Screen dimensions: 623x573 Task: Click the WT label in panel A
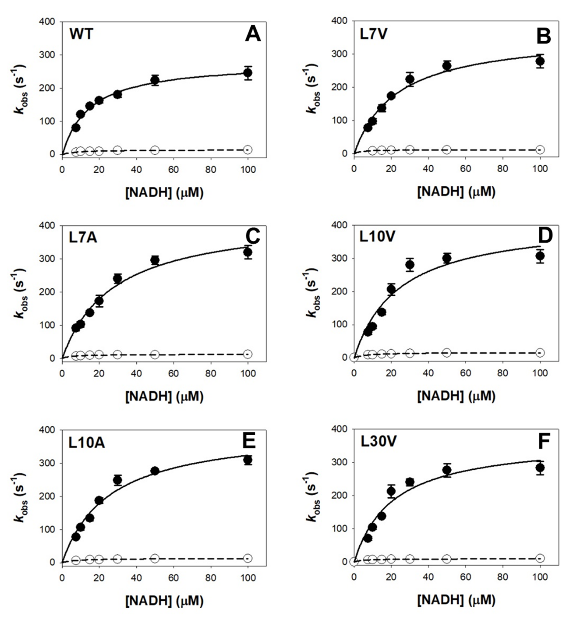81,34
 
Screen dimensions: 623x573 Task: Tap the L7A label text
83,238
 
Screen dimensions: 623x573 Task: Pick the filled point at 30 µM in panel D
410,265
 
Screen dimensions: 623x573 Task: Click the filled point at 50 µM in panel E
155,471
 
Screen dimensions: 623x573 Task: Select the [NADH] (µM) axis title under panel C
164,396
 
